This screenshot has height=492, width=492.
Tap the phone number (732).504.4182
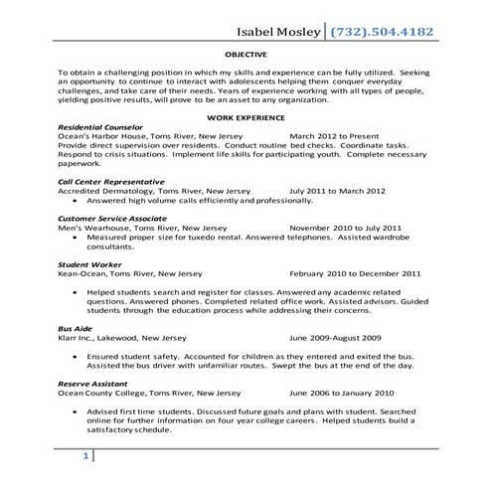(x=379, y=32)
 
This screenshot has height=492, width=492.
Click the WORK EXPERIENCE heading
(x=245, y=118)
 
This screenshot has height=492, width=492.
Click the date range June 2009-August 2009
(x=335, y=336)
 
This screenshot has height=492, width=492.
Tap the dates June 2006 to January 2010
(x=341, y=391)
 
